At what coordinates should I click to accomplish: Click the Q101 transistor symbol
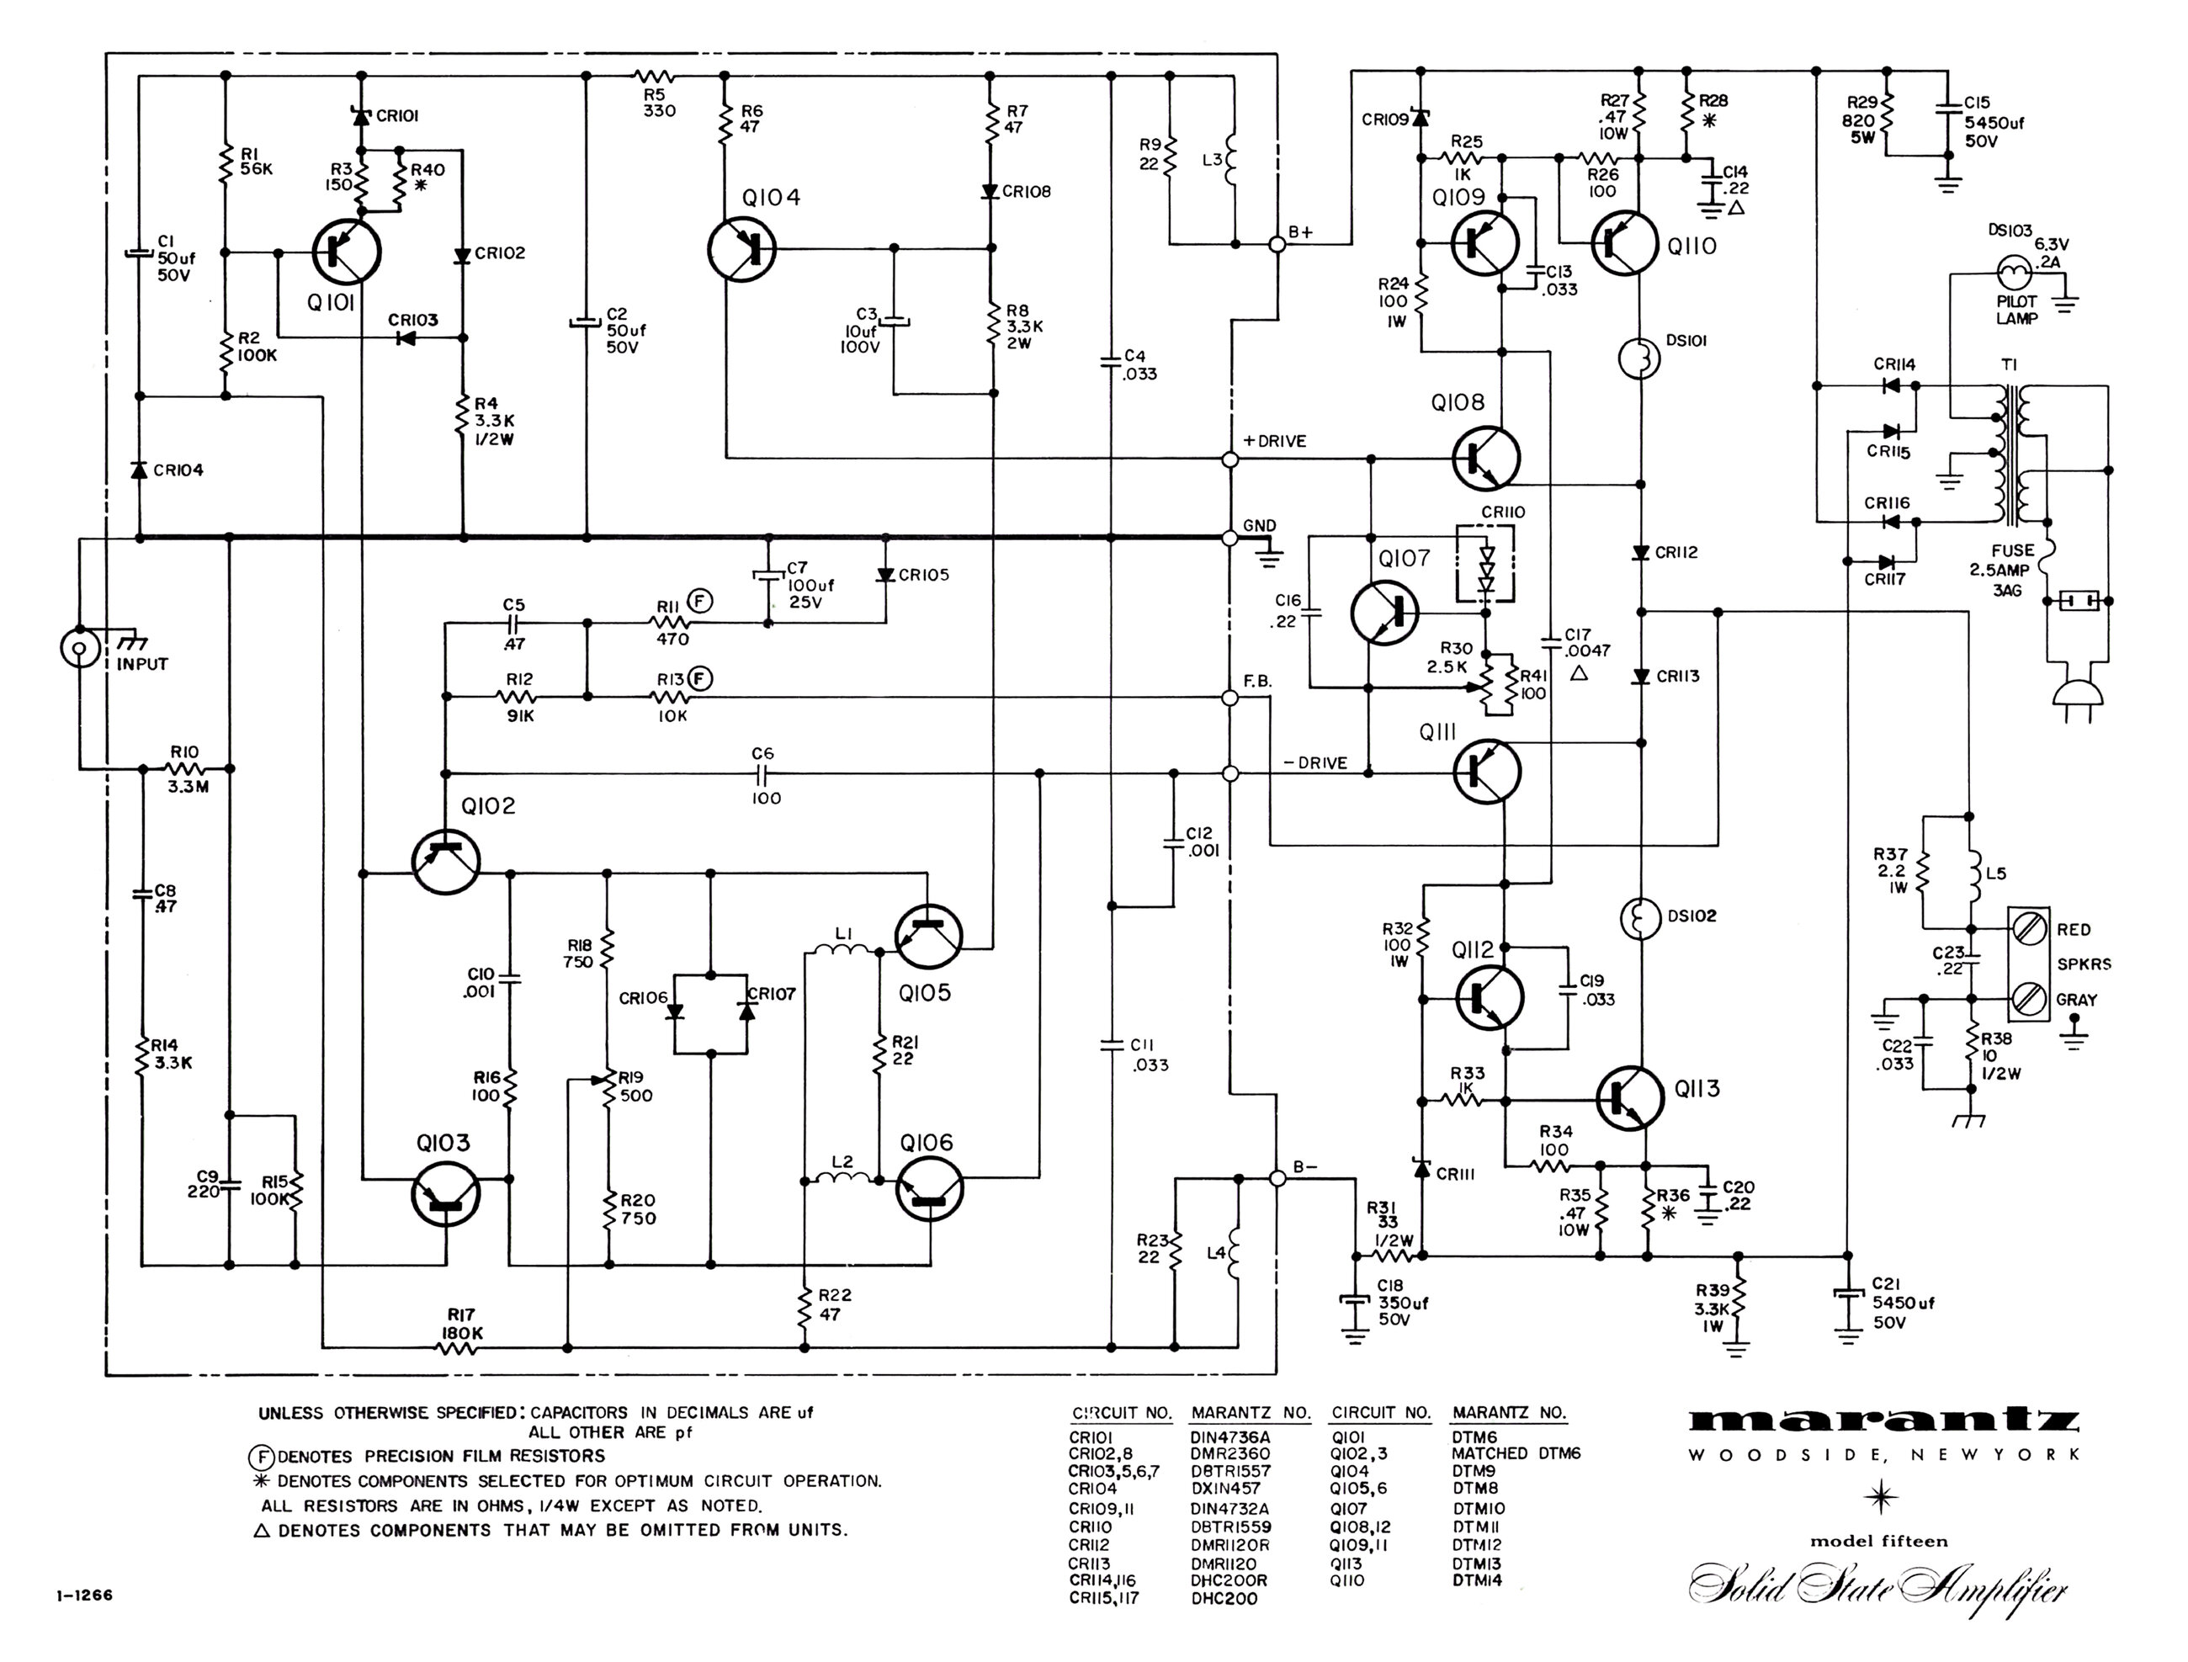[346, 252]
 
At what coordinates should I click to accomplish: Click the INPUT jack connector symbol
[77, 648]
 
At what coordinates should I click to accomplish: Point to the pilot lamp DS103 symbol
[2012, 270]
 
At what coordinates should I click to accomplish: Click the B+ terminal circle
[1277, 243]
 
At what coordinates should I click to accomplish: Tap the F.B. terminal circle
[1230, 698]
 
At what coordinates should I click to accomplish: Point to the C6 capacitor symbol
[765, 773]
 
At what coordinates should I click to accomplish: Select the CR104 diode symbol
[140, 470]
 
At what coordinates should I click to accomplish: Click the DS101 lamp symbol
[1640, 359]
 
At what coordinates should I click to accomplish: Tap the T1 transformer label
[2009, 365]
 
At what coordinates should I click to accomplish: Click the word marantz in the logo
[1883, 1420]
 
